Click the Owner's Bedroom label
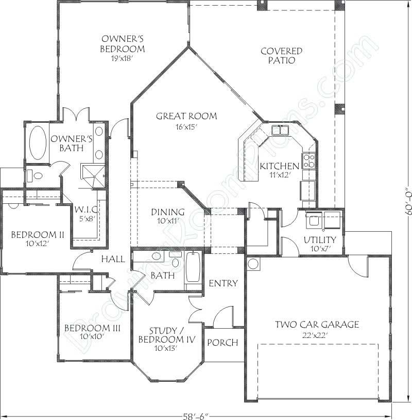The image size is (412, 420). (122, 44)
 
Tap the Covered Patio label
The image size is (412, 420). (281, 55)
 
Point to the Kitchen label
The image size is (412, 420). (279, 166)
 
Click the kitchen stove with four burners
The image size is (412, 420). (308, 161)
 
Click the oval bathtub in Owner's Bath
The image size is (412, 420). (36, 142)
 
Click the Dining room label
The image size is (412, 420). (167, 212)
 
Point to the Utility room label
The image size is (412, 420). (319, 240)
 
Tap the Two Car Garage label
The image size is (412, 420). (316, 325)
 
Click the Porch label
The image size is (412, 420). (222, 343)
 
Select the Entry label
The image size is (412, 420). (223, 283)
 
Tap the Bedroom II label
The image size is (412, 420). (37, 235)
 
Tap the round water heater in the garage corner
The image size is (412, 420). (253, 264)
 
